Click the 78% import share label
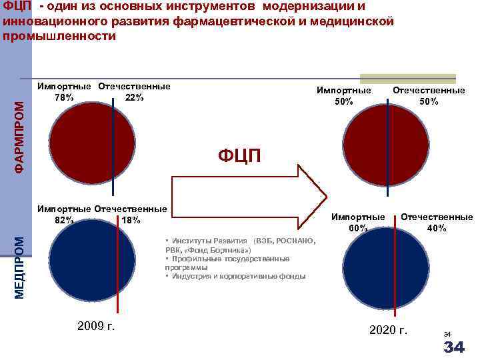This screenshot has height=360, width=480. coord(65,97)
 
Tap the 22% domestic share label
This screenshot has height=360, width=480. coord(134,97)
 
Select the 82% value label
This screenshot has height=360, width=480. coord(65,220)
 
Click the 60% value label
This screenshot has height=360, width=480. coord(358,228)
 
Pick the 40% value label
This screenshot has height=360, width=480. coord(437,228)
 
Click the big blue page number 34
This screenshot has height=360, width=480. coord(453,347)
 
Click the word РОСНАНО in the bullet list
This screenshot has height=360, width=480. coord(295,239)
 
